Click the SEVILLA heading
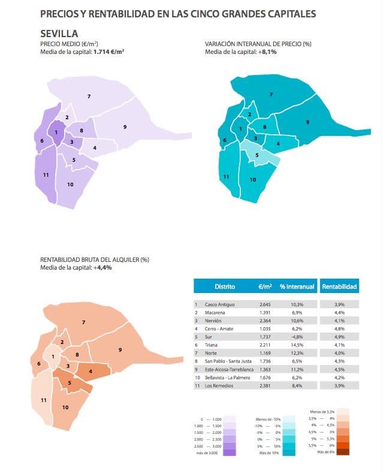click(59, 34)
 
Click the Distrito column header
click(224, 287)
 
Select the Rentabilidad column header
click(339, 287)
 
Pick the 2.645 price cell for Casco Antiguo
click(266, 304)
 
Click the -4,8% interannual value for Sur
click(297, 337)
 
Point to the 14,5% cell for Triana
click(297, 345)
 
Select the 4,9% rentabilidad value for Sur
click(339, 337)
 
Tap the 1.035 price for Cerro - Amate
click(266, 328)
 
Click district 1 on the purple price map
click(56, 132)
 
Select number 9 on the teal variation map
click(307, 122)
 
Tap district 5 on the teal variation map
click(257, 155)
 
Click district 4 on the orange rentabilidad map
click(90, 371)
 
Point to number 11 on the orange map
click(43, 400)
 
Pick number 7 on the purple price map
click(89, 96)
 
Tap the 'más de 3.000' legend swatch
click(228, 453)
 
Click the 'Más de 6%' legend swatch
click(343, 452)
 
